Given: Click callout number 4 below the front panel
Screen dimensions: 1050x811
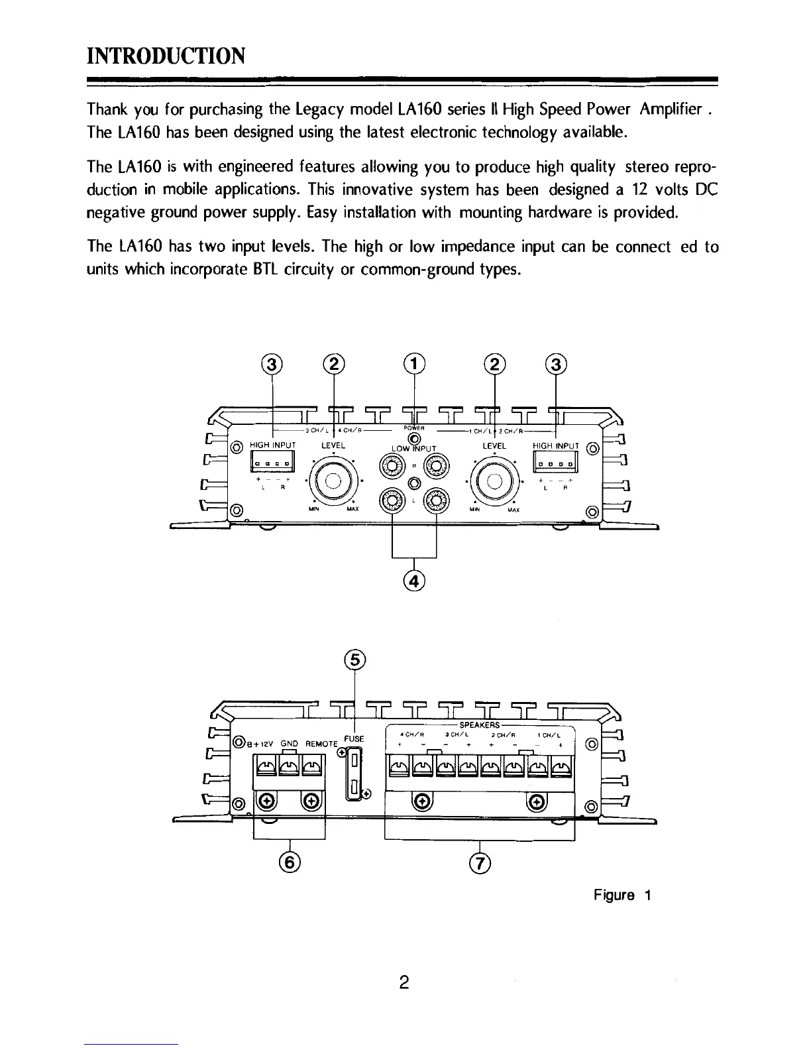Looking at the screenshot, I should (x=414, y=581).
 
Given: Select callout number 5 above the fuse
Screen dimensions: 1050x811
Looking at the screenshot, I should (x=356, y=660).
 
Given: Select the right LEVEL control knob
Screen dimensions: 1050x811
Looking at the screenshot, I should (x=494, y=479).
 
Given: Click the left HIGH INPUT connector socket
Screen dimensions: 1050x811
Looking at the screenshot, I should (x=272, y=461).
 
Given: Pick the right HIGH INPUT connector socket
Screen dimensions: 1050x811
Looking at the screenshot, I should (x=555, y=461).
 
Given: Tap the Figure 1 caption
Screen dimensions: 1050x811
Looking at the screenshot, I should (x=623, y=896).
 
